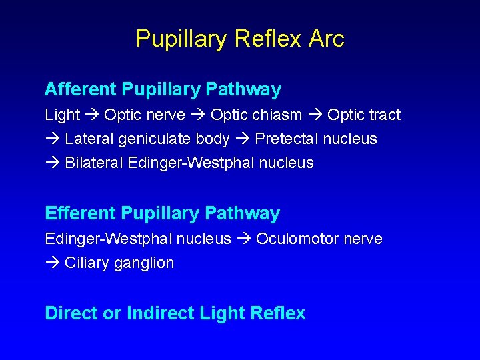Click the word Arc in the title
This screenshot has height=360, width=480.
click(x=326, y=39)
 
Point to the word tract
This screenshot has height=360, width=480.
click(x=383, y=115)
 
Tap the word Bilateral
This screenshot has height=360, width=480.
click(x=94, y=163)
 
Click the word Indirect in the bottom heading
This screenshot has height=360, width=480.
click(x=155, y=313)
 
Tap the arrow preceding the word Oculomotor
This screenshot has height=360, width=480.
click(x=243, y=239)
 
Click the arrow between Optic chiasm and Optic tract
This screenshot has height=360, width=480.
click(x=315, y=115)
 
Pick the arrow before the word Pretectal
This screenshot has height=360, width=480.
click(x=243, y=139)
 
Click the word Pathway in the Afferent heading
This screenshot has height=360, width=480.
click(x=243, y=89)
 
